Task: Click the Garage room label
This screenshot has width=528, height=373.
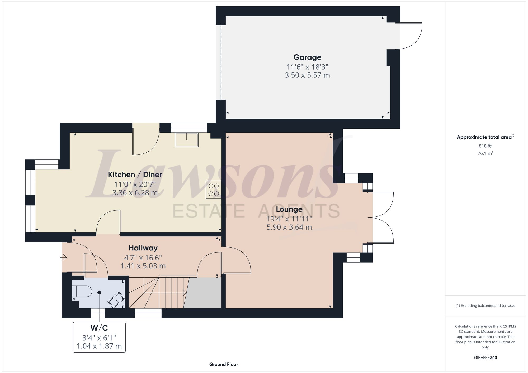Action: pyautogui.click(x=307, y=57)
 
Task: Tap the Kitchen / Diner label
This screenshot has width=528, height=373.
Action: pyautogui.click(x=135, y=175)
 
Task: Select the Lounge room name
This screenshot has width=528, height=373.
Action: pyautogui.click(x=289, y=209)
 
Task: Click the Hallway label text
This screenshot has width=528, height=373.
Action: pyautogui.click(x=143, y=248)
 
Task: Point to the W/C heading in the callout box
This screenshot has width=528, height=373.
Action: pyautogui.click(x=99, y=328)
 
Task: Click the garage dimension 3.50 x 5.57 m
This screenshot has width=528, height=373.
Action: pyautogui.click(x=307, y=75)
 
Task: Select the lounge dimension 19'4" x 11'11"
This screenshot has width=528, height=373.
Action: pyautogui.click(x=289, y=219)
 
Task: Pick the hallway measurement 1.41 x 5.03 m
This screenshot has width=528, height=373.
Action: pyautogui.click(x=143, y=266)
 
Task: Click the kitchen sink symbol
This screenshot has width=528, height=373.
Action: pyautogui.click(x=186, y=140)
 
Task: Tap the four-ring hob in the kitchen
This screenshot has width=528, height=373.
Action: pyautogui.click(x=214, y=190)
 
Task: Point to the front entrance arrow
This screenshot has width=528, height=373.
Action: pyautogui.click(x=63, y=257)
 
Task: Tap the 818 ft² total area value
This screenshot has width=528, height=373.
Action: pyautogui.click(x=485, y=146)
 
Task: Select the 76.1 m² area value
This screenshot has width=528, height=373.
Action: pyautogui.click(x=485, y=153)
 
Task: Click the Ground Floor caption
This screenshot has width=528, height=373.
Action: pyautogui.click(x=224, y=364)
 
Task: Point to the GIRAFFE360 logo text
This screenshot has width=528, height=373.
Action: pyautogui.click(x=485, y=357)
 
